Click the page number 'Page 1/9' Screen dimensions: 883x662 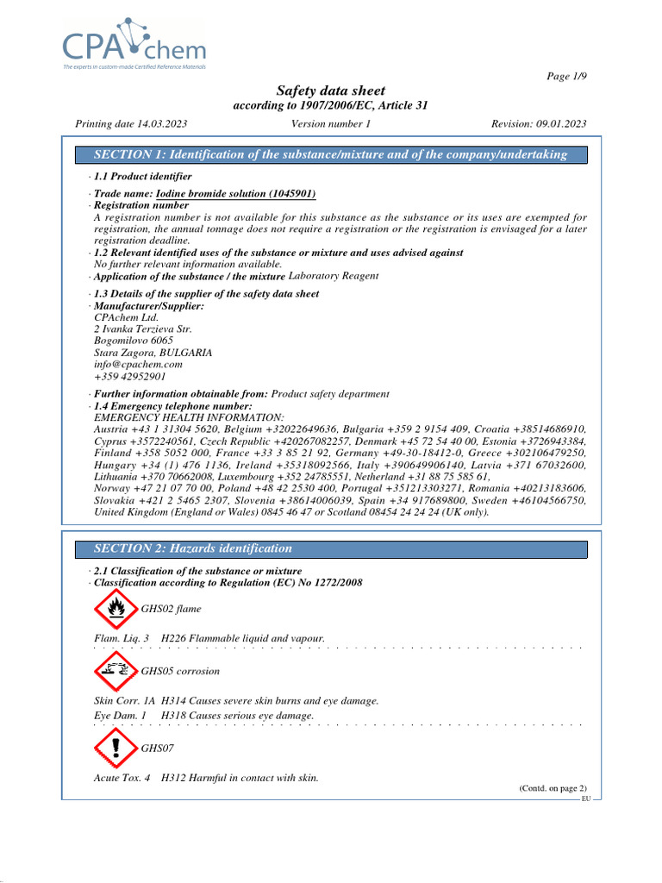pyautogui.click(x=567, y=77)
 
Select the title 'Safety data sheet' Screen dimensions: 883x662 pyautogui.click(x=330, y=91)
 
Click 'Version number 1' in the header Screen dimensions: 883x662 pyautogui.click(x=331, y=123)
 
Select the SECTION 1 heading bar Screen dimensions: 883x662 pyautogui.click(x=331, y=154)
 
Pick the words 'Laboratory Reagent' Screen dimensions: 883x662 pyautogui.click(x=334, y=276)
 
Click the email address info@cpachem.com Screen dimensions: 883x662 pyautogui.click(x=138, y=365)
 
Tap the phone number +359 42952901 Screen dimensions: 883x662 pyautogui.click(x=130, y=377)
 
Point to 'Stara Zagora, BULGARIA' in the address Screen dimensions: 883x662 pyautogui.click(x=153, y=353)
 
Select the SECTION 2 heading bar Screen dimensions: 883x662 pyautogui.click(x=331, y=548)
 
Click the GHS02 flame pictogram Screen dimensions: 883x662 pyautogui.click(x=115, y=610)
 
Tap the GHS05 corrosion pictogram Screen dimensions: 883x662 pyautogui.click(x=115, y=671)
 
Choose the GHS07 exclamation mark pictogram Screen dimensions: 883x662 pyautogui.click(x=115, y=748)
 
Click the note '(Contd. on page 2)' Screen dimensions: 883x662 pyautogui.click(x=552, y=788)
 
